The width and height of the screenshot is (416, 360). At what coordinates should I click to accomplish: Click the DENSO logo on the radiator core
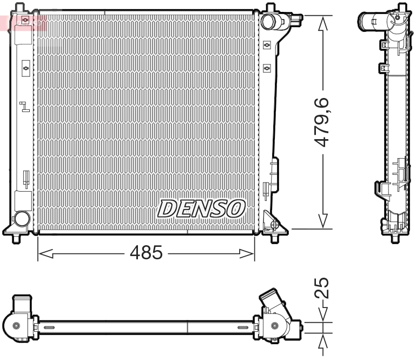point(201,208)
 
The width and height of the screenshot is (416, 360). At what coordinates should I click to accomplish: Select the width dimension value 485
point(146,252)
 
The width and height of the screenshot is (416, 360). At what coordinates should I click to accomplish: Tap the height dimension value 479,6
point(323,122)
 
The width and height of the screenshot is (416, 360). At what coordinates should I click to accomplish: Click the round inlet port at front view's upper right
point(268,21)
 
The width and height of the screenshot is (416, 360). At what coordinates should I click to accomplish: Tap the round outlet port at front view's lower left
point(22,219)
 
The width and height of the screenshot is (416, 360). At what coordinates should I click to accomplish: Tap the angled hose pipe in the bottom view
point(272,301)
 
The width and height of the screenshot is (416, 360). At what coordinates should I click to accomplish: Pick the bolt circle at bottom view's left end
point(16,325)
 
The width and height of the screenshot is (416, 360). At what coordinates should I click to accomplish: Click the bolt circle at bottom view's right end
point(276,326)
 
